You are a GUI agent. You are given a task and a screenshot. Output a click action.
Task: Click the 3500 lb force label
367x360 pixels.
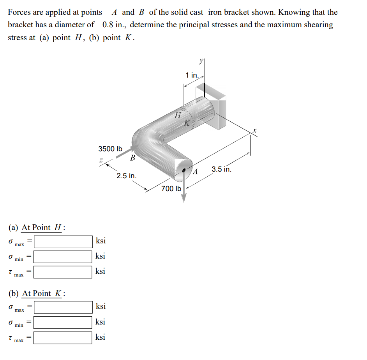(110, 149)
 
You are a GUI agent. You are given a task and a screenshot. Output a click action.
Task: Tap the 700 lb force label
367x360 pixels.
(171, 189)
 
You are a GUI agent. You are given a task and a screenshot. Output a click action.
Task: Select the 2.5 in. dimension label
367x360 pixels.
(127, 176)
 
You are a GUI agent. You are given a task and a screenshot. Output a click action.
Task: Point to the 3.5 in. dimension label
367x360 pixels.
(222, 169)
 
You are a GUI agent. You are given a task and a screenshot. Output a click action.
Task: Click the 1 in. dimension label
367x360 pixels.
(192, 75)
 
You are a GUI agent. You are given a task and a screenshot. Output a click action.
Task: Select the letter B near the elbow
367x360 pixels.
(132, 158)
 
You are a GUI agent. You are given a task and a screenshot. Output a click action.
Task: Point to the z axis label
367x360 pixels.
(101, 160)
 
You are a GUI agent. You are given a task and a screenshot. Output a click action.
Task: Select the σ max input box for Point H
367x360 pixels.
(63, 241)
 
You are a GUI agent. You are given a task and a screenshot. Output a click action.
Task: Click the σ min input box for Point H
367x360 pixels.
(63, 257)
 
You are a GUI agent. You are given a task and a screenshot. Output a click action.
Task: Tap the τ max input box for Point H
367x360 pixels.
(63, 271)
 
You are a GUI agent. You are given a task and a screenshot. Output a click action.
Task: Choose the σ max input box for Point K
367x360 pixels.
(63, 307)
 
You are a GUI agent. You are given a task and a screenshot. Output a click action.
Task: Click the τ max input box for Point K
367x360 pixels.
(63, 337)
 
